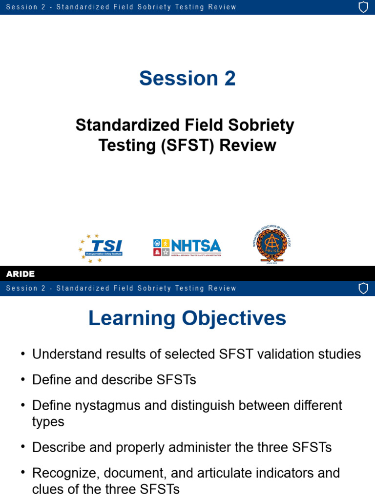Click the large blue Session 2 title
coord(187,78)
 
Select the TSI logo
coord(101,248)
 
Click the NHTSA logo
coord(187,248)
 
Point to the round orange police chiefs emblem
coord(272,245)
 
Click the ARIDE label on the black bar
coord(21,274)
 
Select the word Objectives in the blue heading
coord(234,318)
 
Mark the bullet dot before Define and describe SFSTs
coord(22,380)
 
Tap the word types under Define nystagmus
coord(48,422)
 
